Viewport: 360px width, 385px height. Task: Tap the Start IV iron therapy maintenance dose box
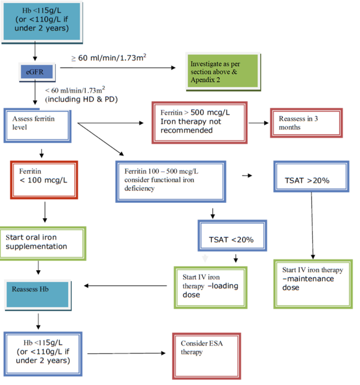[312, 279]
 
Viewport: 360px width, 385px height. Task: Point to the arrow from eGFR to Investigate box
[118, 68]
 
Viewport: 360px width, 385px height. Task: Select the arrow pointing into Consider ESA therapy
[126, 353]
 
